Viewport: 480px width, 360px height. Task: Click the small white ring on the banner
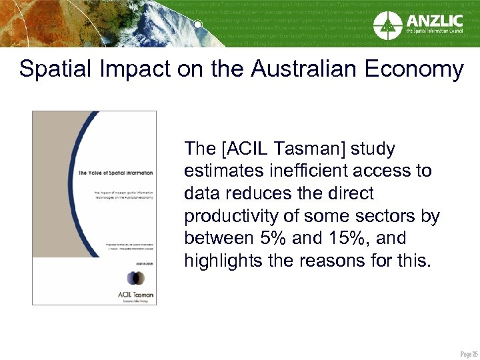(198, 25)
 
